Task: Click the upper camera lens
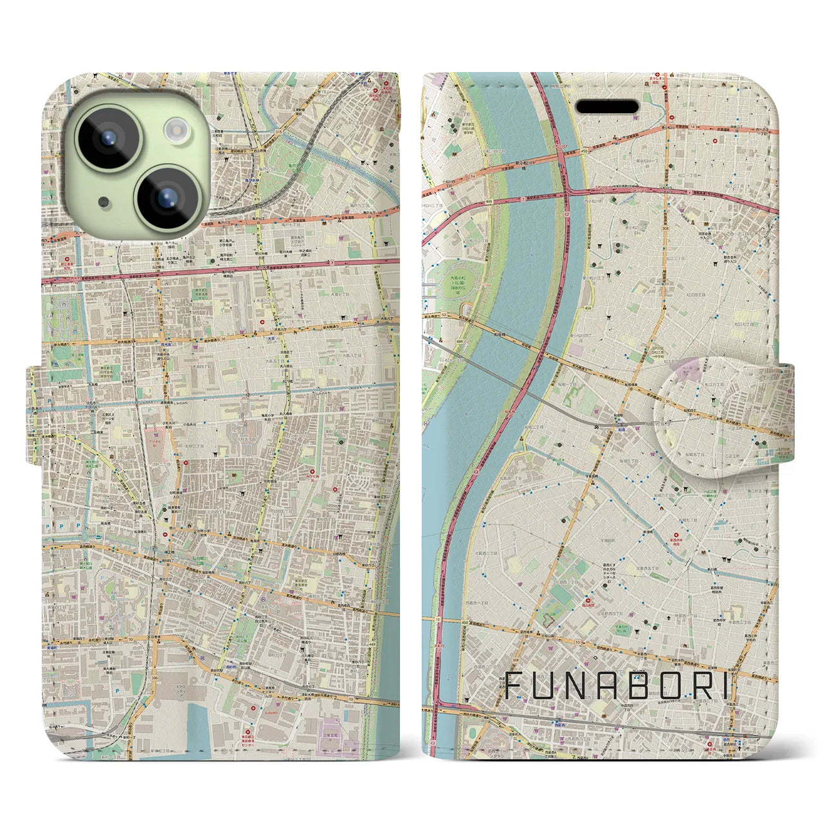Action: pyautogui.click(x=107, y=138)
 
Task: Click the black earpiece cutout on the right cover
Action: pyautogui.click(x=606, y=106)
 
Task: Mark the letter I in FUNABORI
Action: pyautogui.click(x=727, y=686)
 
